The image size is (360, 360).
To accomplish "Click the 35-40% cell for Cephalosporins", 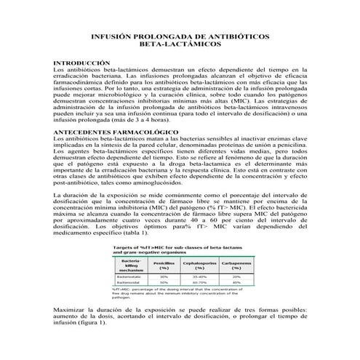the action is (x=199, y=276).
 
